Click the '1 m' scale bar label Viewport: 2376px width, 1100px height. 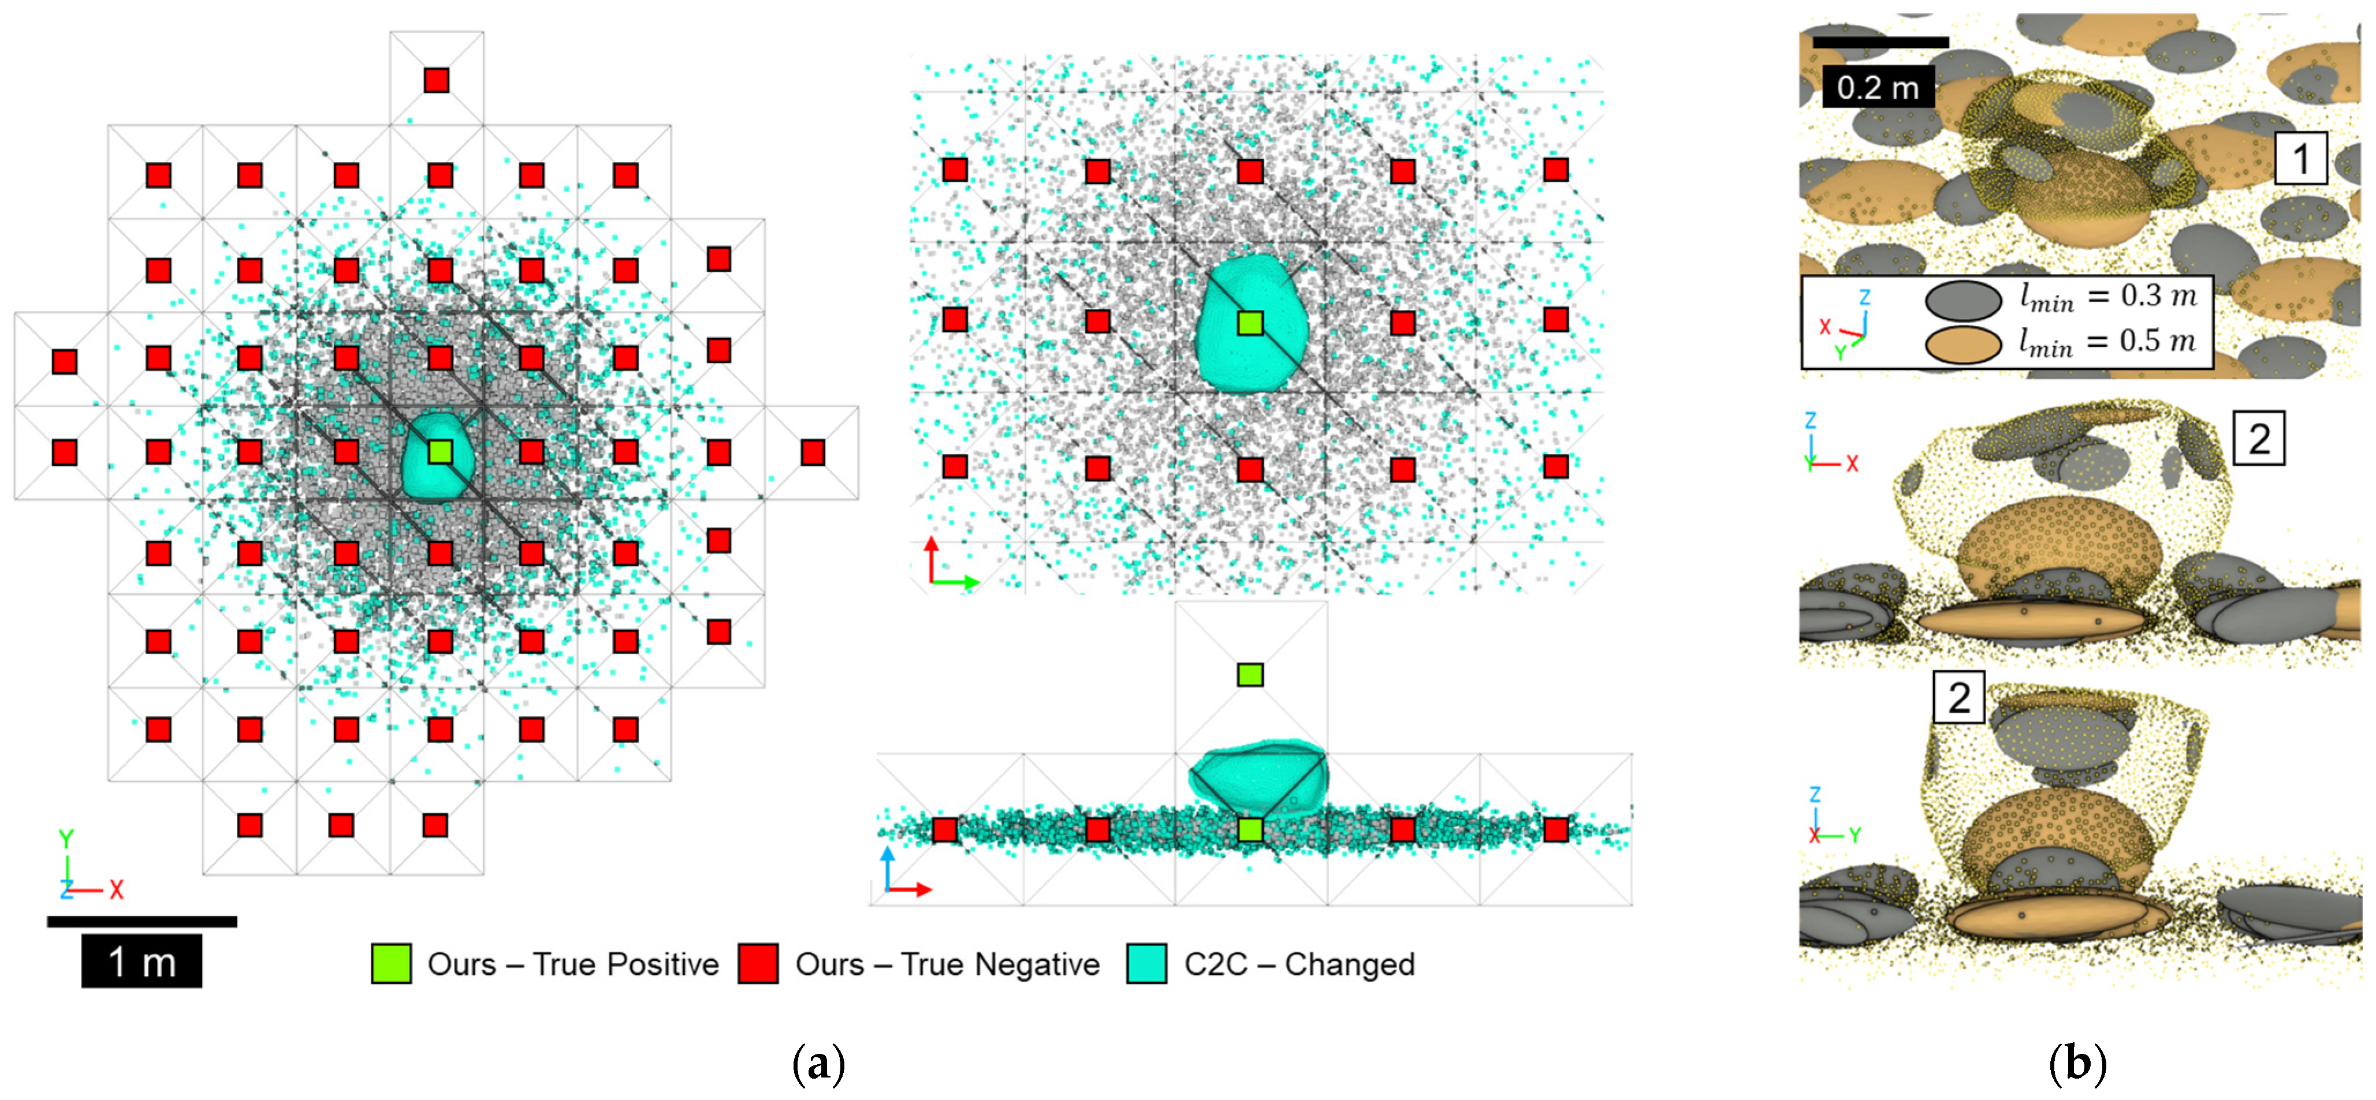click(141, 961)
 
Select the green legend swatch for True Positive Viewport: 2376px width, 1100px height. click(391, 964)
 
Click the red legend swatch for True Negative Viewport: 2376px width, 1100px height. click(758, 964)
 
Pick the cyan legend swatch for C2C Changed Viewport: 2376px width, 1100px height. click(1146, 964)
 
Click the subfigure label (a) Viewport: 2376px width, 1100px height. click(818, 1065)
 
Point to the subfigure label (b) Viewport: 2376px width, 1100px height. click(2077, 1065)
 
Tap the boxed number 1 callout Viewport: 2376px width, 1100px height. click(2300, 159)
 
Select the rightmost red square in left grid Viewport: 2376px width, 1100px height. click(813, 452)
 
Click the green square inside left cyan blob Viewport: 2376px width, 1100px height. click(440, 452)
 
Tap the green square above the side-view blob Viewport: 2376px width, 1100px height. click(1250, 675)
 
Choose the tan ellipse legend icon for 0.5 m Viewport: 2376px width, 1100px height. click(1963, 344)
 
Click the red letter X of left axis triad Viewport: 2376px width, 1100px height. click(116, 890)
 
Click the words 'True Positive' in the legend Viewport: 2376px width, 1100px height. click(625, 964)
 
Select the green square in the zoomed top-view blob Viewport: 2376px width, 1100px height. click(1250, 323)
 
